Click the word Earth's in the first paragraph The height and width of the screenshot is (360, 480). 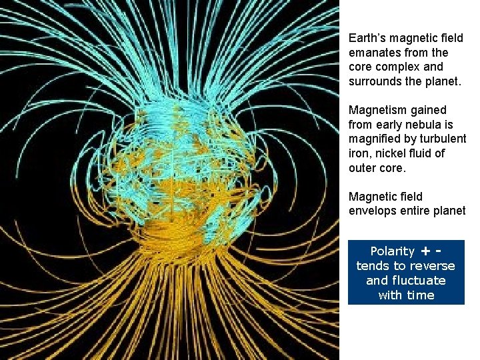pos(365,39)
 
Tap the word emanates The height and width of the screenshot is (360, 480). pos(373,53)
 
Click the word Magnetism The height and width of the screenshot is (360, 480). pos(377,110)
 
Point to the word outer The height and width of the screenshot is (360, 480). pos(363,168)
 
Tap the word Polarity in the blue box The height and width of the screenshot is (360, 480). pos(392,251)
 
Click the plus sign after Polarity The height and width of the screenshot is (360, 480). pos(425,251)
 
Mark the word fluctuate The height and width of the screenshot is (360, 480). pos(419,281)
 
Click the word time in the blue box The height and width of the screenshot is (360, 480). pos(420,295)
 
